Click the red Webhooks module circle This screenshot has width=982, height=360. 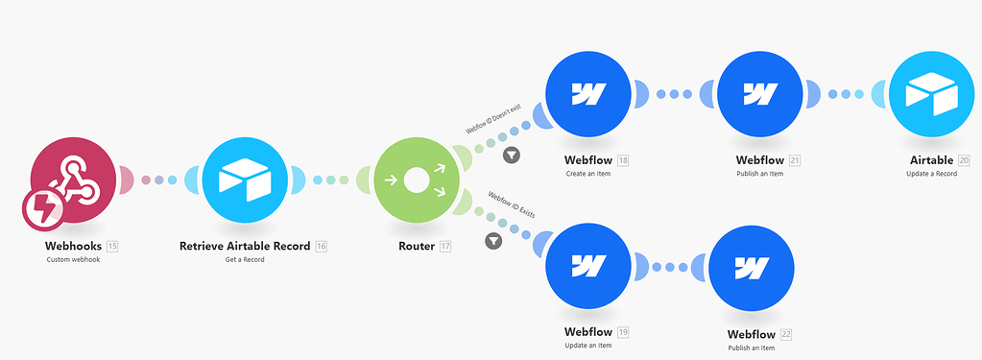click(74, 178)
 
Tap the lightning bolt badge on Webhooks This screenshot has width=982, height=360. click(43, 209)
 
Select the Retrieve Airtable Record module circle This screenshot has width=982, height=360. click(244, 180)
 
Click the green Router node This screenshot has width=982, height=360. click(415, 180)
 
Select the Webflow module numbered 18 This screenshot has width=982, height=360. click(587, 94)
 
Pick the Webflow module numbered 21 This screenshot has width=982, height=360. click(759, 94)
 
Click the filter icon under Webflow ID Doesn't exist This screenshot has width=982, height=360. click(513, 155)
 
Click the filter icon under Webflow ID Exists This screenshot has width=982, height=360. click(493, 240)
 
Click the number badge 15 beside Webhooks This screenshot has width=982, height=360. click(112, 247)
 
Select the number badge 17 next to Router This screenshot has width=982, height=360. click(445, 247)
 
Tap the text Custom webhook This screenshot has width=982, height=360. click(73, 260)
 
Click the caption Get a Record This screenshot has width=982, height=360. click(244, 260)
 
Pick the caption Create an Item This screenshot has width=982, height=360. click(587, 174)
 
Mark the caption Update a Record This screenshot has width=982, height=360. click(931, 174)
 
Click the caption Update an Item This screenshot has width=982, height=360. click(587, 347)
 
